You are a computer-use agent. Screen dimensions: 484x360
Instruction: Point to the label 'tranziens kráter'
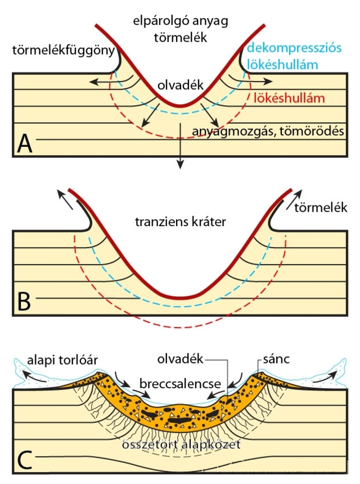(181, 221)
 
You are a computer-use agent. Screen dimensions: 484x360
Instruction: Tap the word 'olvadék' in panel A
(180, 86)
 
